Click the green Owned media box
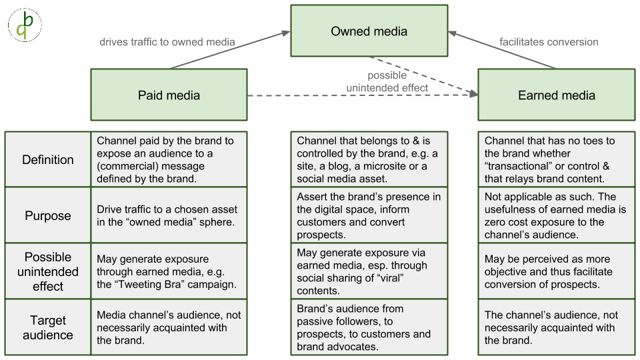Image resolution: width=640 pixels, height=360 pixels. pos(369,31)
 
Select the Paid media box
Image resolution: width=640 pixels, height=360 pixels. pos(169,95)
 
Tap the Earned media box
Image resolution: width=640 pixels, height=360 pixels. pos(556,95)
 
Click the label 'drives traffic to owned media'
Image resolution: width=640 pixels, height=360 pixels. pos(167,42)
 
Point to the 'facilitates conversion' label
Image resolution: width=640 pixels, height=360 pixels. pos(549,42)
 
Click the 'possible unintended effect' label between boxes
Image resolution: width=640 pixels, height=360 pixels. pos(387,81)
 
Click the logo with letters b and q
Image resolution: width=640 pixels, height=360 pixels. pos(25,25)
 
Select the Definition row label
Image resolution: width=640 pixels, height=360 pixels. pos(48,159)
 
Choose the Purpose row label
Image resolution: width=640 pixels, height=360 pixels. pos(48,216)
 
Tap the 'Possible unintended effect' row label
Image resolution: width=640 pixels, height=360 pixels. pos(48,271)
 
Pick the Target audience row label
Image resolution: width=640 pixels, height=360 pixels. pos(48,327)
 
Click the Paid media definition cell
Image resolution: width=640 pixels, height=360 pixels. pos(169,159)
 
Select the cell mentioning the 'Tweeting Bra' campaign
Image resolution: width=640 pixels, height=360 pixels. pos(169,271)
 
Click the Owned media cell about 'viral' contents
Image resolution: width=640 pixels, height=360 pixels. pos(369,271)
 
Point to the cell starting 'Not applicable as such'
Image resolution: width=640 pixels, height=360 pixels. pos(555,216)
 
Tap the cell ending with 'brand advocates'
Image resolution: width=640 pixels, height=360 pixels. pos(369,327)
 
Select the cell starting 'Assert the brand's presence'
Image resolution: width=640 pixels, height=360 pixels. pos(369,216)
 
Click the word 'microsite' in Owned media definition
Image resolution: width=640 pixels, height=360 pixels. pos(387,166)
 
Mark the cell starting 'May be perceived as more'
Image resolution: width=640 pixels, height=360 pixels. pos(555,271)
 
